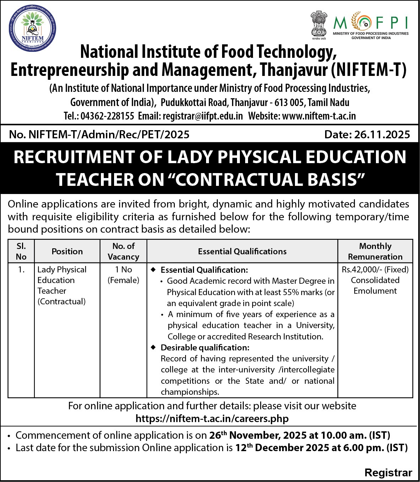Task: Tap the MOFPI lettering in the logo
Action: [x=371, y=23]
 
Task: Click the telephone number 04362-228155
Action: [x=107, y=116]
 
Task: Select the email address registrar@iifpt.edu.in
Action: [x=203, y=116]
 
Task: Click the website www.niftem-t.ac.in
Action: [x=319, y=116]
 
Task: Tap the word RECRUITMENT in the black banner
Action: [x=74, y=157]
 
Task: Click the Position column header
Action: [x=67, y=251]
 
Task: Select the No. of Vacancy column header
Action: [x=123, y=251]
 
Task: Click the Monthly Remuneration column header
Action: [x=375, y=251]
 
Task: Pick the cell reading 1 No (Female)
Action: [x=123, y=275]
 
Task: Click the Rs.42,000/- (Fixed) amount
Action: [x=375, y=270]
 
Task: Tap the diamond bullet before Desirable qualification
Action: [x=154, y=347]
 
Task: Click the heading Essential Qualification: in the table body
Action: [x=204, y=270]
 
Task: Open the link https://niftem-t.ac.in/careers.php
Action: [x=212, y=419]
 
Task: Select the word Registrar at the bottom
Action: [x=388, y=473]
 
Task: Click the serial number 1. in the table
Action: [x=21, y=270]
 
